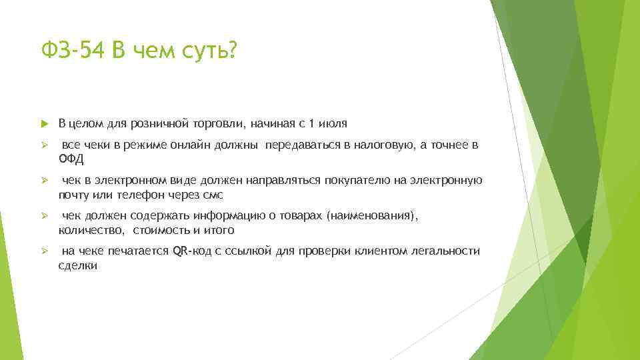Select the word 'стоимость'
(x=161, y=230)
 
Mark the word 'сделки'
(x=77, y=265)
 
